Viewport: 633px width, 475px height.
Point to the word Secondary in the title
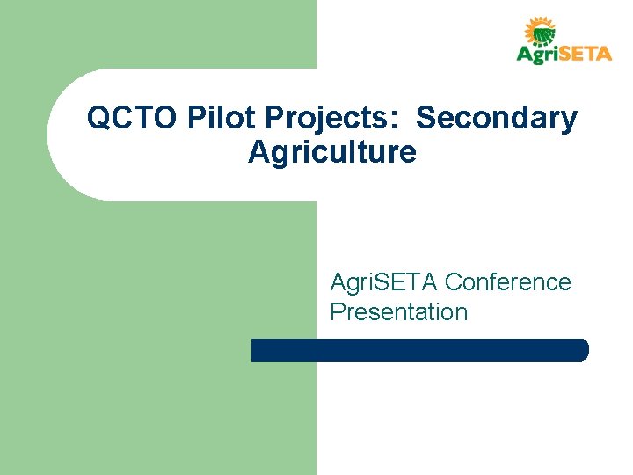497,119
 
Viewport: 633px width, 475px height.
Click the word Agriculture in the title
331,152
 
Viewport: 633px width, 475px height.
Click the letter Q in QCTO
98,119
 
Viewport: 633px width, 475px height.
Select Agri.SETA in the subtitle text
384,282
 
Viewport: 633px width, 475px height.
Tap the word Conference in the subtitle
508,282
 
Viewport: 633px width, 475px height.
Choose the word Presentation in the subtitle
398,312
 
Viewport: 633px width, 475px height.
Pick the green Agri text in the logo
536,55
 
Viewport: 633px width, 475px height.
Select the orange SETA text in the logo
585,55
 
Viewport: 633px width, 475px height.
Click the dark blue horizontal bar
419,350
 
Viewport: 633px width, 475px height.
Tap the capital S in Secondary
426,119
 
